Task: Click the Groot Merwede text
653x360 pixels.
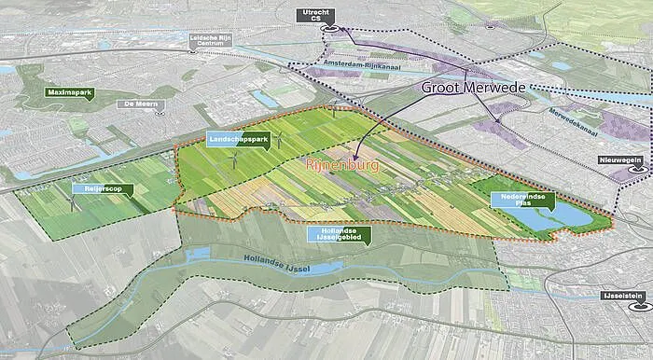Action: tap(474, 90)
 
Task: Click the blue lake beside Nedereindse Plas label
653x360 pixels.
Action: tap(569, 214)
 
